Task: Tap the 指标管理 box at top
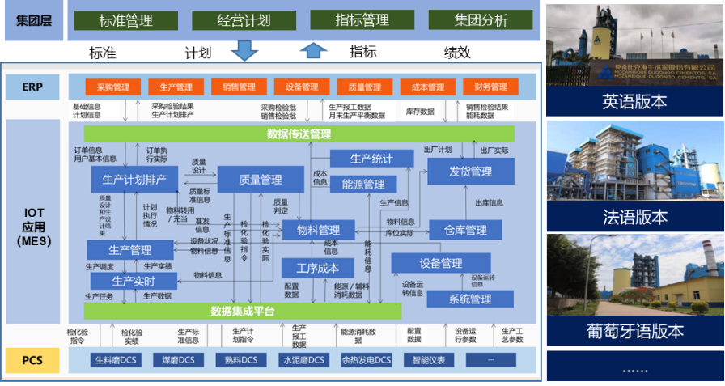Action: pos(362,20)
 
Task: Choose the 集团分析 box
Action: pos(480,20)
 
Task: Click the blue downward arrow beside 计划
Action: pos(243,52)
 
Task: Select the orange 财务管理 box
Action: pos(490,87)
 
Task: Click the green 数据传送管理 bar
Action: pos(299,134)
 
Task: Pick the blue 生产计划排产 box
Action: pos(134,179)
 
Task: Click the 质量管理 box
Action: pos(261,179)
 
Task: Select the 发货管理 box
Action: pos(470,172)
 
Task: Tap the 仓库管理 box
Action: pos(465,231)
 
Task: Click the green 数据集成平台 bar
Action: pos(243,312)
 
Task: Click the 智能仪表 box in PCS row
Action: pos(428,360)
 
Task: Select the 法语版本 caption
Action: pos(635,217)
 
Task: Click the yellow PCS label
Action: pos(32,359)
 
